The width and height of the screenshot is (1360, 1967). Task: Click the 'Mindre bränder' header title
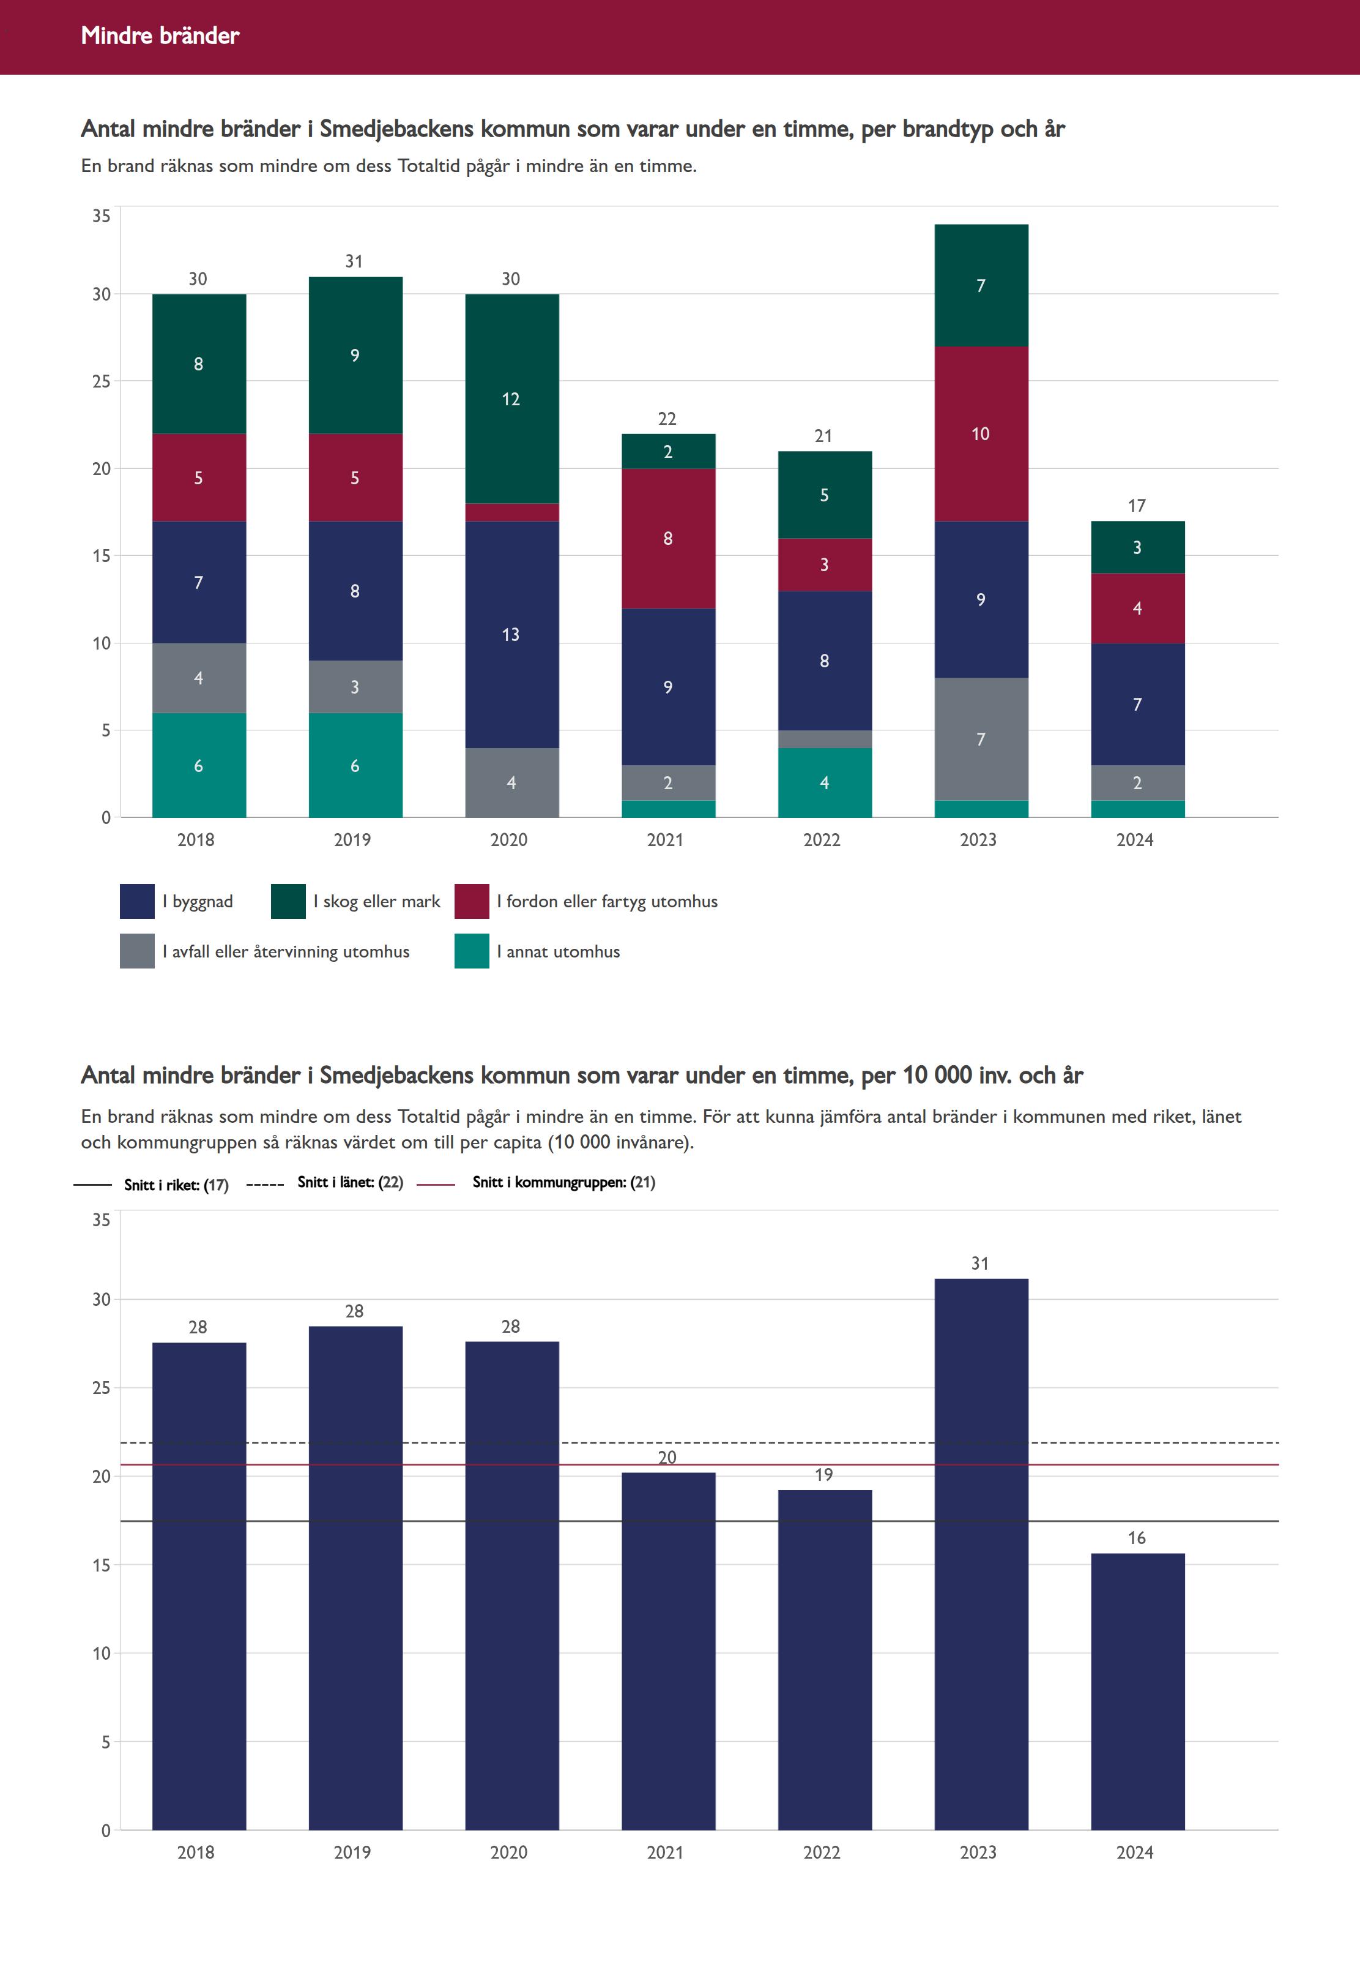pyautogui.click(x=160, y=36)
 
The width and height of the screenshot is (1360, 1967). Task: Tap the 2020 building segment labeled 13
pyautogui.click(x=511, y=634)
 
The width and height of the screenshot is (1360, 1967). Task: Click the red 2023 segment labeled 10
pyautogui.click(x=981, y=433)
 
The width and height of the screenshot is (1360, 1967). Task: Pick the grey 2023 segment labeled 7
pyautogui.click(x=981, y=738)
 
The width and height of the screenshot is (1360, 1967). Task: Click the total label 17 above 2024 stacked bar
pyautogui.click(x=1137, y=506)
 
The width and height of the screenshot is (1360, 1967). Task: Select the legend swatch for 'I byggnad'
pyautogui.click(x=137, y=901)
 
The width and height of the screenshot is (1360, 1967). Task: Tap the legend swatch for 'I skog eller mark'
pyautogui.click(x=288, y=901)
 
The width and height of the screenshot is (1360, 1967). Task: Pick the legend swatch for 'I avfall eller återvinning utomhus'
pyautogui.click(x=137, y=951)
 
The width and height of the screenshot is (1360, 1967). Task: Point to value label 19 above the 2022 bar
pyautogui.click(x=823, y=1474)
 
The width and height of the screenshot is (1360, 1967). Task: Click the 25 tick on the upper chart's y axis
pyautogui.click(x=102, y=381)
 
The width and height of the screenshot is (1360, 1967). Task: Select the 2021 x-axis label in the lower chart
pyautogui.click(x=664, y=1852)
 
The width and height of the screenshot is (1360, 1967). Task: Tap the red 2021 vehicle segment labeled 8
pyautogui.click(x=668, y=538)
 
